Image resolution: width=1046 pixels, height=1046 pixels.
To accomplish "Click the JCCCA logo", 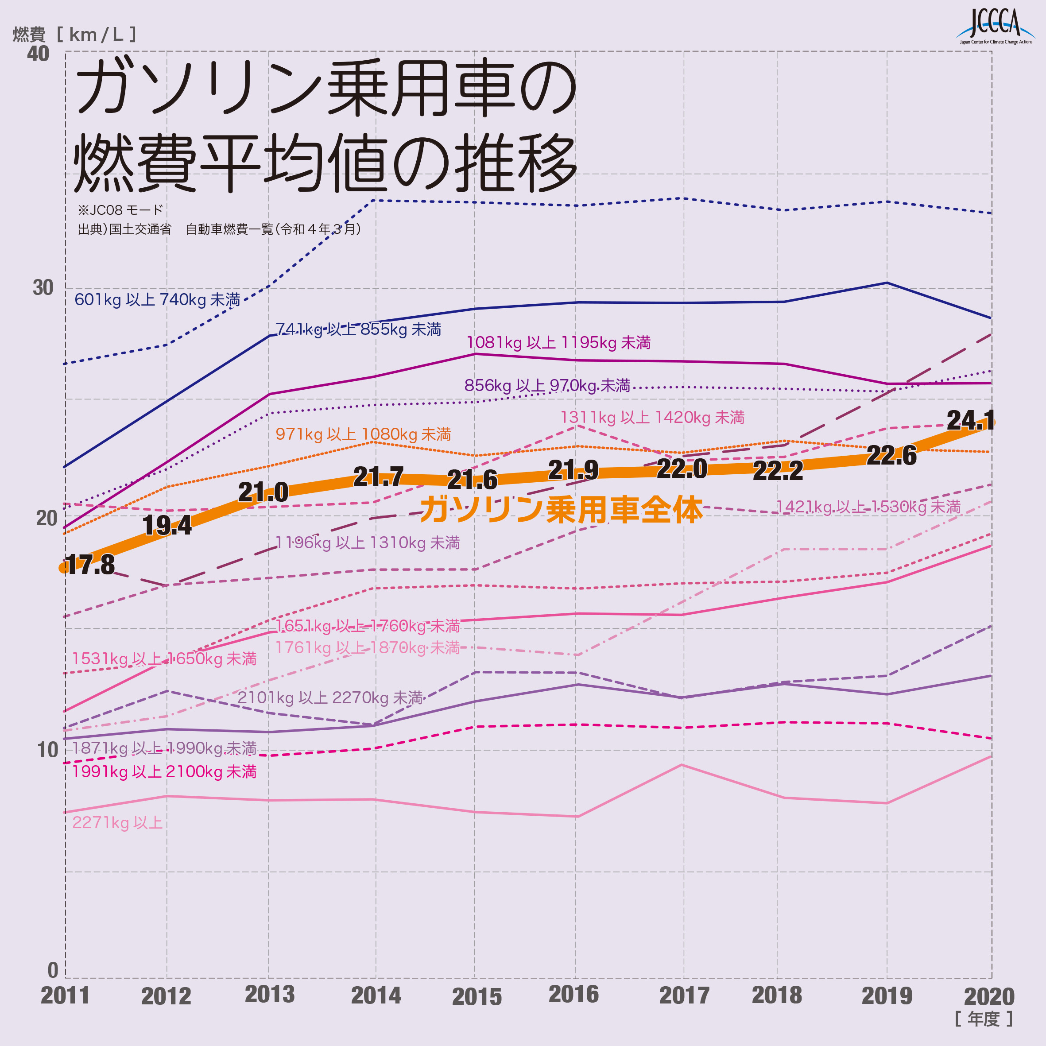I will (x=995, y=26).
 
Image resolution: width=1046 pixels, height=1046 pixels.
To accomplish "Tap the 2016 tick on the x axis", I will (x=573, y=994).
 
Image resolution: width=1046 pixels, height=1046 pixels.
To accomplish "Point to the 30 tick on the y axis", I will (x=43, y=288).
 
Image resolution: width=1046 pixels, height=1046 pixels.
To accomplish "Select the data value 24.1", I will (x=970, y=420).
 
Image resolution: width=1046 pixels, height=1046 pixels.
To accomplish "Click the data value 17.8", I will (x=90, y=565).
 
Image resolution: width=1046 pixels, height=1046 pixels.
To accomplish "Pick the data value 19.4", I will (x=167, y=525).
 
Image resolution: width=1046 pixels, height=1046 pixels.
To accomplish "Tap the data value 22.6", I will (x=891, y=455).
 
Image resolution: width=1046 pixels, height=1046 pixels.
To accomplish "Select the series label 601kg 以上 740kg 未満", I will (x=157, y=299).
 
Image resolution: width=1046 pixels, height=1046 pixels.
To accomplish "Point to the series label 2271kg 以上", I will (x=117, y=822).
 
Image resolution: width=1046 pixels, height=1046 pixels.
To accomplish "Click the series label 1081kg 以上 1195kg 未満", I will (x=558, y=343).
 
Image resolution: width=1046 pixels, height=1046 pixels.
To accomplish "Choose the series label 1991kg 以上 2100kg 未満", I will (x=164, y=771).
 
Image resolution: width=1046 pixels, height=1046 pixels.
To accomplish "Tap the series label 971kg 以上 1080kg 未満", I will (x=363, y=434).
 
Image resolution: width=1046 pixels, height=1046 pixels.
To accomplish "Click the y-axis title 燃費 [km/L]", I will (x=75, y=35).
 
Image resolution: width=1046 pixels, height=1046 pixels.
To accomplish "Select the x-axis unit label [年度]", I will (x=983, y=1019).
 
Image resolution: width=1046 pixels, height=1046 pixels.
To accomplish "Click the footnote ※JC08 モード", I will (x=120, y=209).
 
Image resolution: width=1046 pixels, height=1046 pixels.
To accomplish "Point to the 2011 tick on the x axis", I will (x=65, y=995).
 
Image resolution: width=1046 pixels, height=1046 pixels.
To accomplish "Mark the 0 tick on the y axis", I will (x=53, y=970).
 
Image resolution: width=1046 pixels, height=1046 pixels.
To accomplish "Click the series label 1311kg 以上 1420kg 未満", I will (x=652, y=418).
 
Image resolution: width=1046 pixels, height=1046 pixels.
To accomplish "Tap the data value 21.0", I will (x=263, y=492).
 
